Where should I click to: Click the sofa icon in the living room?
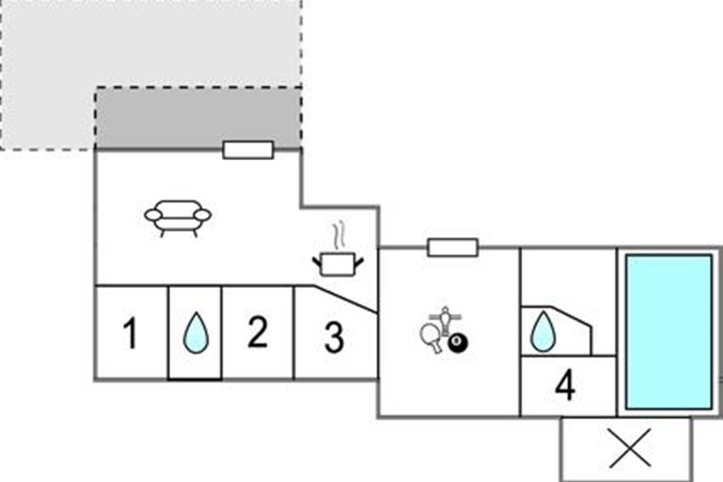(178, 217)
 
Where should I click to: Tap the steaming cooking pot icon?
(337, 264)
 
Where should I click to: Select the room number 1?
(130, 334)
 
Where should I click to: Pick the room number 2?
(258, 333)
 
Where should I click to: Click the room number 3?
(334, 337)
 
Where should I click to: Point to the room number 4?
(565, 387)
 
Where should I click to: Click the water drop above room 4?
(542, 333)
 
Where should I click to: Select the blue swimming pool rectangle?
(669, 331)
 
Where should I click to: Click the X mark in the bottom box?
(630, 448)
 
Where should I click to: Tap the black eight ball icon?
(458, 344)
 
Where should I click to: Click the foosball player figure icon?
(445, 318)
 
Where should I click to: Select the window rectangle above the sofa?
(248, 150)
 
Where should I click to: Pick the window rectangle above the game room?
(452, 247)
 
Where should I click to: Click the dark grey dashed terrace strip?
(199, 117)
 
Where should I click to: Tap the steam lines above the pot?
(338, 236)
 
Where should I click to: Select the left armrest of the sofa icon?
(153, 214)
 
